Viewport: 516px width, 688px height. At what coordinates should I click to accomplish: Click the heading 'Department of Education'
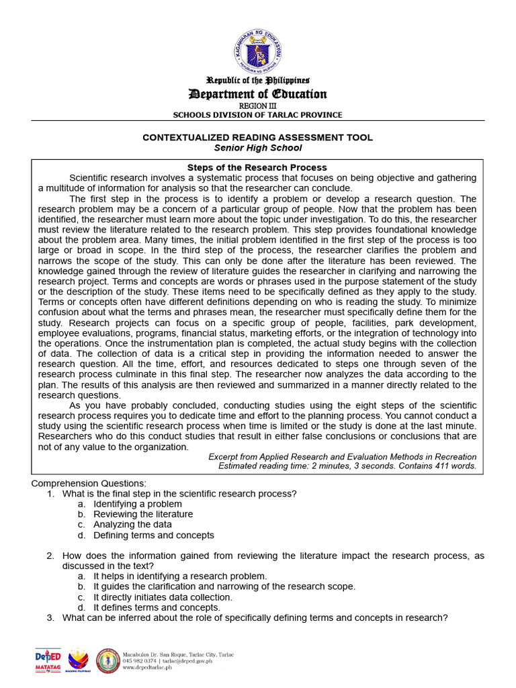(258, 94)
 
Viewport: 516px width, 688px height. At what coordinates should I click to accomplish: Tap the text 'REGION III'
(258, 106)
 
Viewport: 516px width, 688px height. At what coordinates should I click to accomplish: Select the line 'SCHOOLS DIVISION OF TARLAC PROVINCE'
(258, 115)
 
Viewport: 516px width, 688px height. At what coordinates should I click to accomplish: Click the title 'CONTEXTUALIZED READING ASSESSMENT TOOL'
(258, 137)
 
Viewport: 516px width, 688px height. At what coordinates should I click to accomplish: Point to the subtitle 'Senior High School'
(258, 148)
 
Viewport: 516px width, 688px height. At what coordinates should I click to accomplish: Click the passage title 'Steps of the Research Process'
(257, 167)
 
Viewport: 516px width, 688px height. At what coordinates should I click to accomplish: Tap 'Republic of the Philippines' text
(258, 81)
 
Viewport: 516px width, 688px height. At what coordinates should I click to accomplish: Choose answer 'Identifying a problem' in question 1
(138, 504)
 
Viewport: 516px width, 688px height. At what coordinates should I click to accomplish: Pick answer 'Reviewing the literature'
(143, 514)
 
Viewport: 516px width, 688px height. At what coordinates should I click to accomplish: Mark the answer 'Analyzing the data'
(132, 524)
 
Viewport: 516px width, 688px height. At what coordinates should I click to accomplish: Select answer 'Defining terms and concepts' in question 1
(154, 535)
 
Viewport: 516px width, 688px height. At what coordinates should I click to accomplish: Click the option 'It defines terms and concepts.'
(157, 607)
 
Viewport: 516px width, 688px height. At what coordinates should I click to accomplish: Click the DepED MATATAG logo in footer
(48, 660)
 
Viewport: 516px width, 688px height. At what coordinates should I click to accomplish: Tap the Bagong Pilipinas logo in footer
(79, 660)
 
